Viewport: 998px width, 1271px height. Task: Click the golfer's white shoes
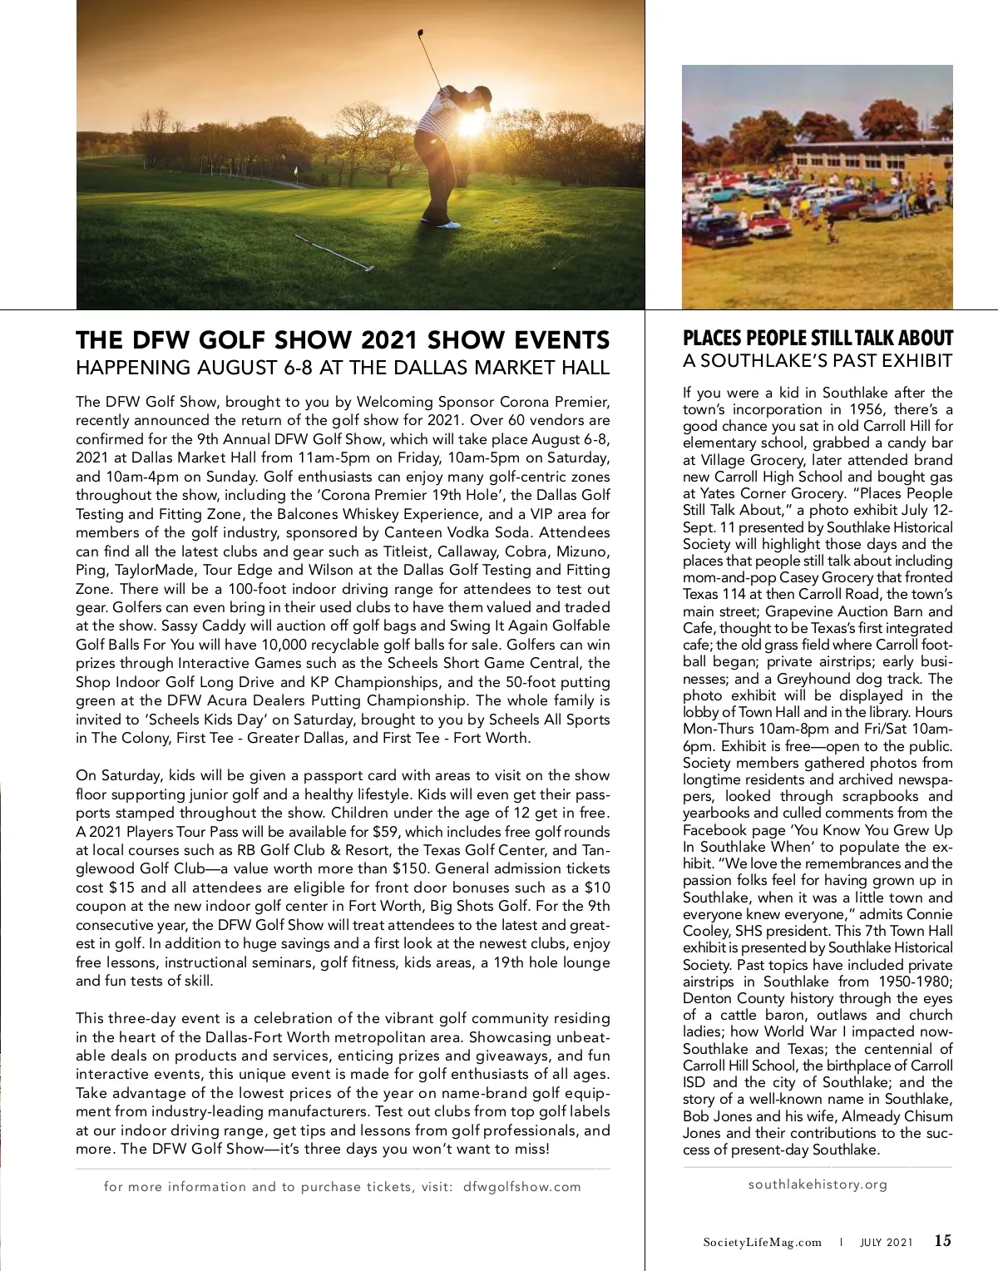[x=442, y=223]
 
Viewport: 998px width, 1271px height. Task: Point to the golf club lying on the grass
[x=333, y=253]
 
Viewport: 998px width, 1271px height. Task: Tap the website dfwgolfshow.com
[x=521, y=1187]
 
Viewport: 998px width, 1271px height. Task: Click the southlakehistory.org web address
[x=818, y=1184]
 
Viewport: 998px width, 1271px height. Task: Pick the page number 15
[x=942, y=1241]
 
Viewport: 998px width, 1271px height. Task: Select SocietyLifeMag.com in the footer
[x=762, y=1243]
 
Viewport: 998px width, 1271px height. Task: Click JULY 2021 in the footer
[x=886, y=1243]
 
